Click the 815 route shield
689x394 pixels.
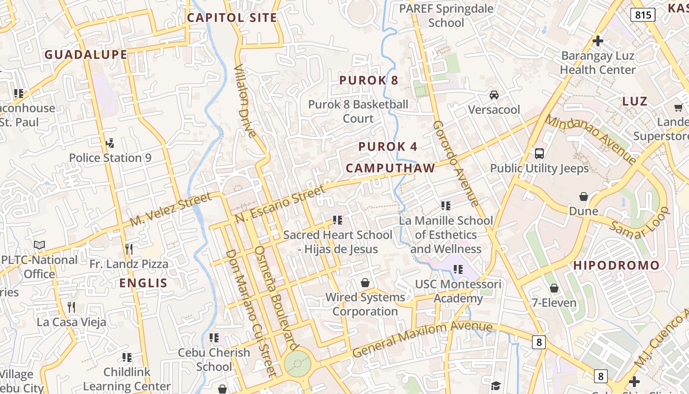pyautogui.click(x=643, y=15)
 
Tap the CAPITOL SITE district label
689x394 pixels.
pyautogui.click(x=232, y=18)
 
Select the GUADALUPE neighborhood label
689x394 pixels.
pyautogui.click(x=86, y=55)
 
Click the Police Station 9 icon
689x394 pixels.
pyautogui.click(x=110, y=144)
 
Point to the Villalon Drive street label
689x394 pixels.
pyautogui.click(x=245, y=101)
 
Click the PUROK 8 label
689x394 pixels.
pyautogui.click(x=369, y=80)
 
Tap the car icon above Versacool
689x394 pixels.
pyautogui.click(x=494, y=95)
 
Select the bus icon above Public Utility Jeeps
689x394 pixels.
pyautogui.click(x=539, y=153)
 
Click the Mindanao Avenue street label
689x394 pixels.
pyautogui.click(x=591, y=139)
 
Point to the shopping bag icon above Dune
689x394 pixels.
pyautogui.click(x=584, y=197)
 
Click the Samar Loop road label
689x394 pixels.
pyautogui.click(x=639, y=223)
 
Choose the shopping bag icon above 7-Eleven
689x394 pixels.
pyautogui.click(x=554, y=288)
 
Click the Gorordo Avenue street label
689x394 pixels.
pyautogui.click(x=456, y=164)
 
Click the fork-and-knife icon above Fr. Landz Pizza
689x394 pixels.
pyautogui.click(x=129, y=249)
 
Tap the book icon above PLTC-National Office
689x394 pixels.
pyautogui.click(x=39, y=245)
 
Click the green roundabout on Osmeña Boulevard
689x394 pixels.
pyautogui.click(x=298, y=363)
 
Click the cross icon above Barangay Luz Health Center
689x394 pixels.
pyautogui.click(x=598, y=41)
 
